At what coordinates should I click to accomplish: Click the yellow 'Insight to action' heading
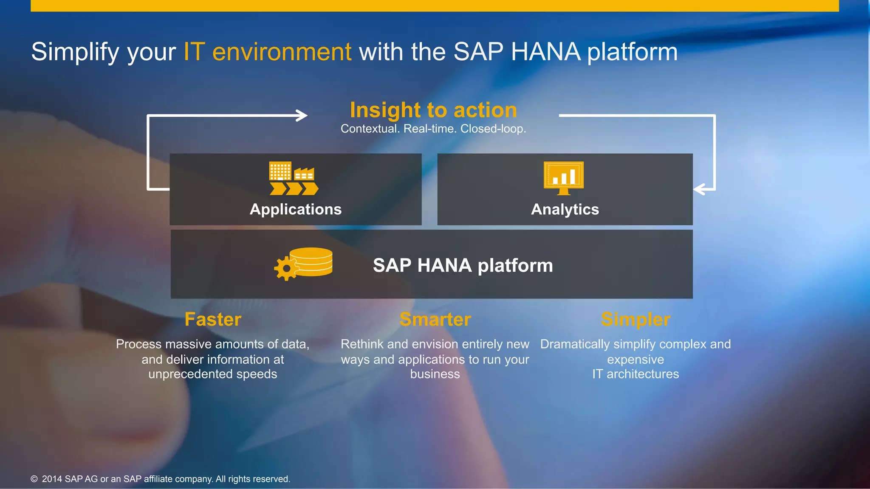click(433, 110)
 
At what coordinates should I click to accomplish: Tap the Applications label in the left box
click(296, 209)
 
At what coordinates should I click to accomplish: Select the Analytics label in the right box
click(565, 209)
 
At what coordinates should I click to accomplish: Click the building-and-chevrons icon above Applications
click(293, 178)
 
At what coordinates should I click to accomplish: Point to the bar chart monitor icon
click(564, 177)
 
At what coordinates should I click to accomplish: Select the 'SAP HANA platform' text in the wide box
click(463, 265)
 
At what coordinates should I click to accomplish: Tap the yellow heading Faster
click(213, 320)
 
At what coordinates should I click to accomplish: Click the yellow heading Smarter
click(435, 320)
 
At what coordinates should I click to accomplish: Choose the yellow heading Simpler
click(636, 320)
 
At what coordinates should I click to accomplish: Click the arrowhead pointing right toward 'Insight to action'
click(302, 115)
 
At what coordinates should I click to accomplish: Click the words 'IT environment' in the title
click(267, 52)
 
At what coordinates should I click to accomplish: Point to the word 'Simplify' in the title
click(75, 52)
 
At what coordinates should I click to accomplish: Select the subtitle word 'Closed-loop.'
click(493, 129)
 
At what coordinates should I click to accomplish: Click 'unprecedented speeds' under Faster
click(212, 374)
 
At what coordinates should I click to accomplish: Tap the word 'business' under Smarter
click(435, 374)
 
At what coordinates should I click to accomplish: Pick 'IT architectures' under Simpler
click(636, 374)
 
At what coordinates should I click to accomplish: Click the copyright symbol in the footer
click(34, 479)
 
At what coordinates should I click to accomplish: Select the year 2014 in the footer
click(52, 479)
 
